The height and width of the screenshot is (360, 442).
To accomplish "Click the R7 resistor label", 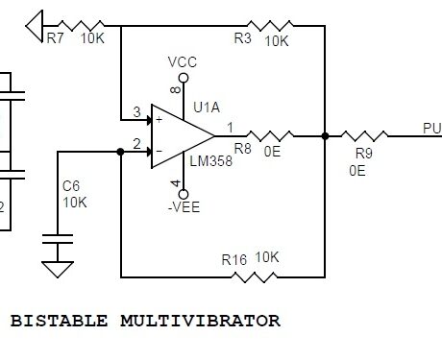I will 54,39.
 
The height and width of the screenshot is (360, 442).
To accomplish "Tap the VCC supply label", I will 183,61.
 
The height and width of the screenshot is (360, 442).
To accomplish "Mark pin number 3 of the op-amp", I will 137,112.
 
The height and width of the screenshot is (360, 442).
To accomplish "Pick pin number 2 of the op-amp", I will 137,144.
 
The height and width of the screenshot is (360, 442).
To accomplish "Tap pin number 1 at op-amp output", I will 229,127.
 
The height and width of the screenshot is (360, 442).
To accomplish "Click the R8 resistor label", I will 243,150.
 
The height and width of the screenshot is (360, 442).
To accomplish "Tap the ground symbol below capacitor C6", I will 59,268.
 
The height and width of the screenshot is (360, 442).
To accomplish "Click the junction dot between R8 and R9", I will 325,136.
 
